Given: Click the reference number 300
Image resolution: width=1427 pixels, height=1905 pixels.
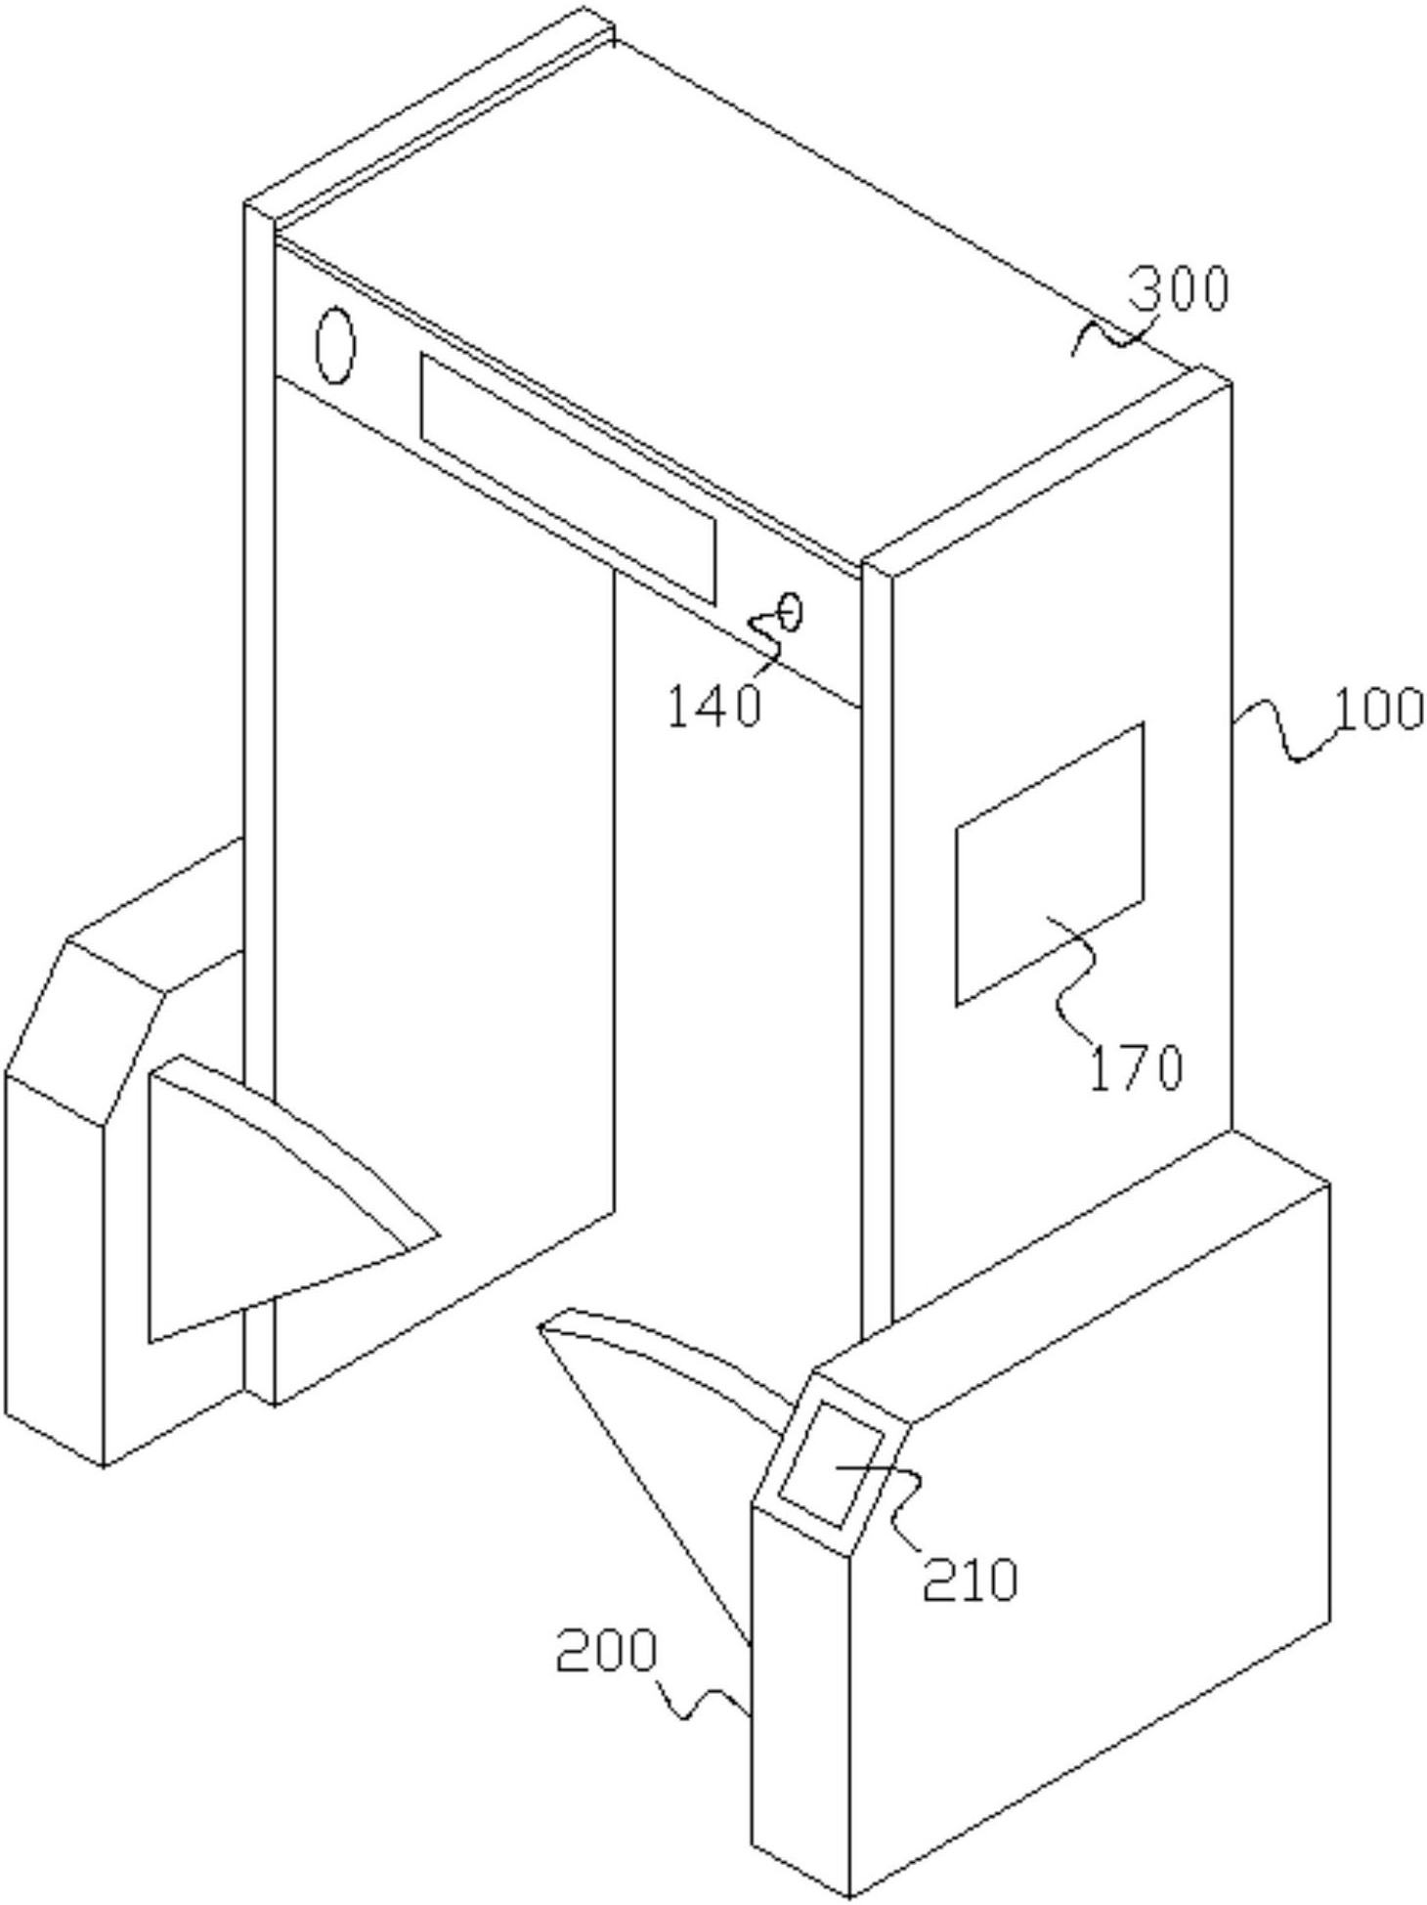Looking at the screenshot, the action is click(1178, 290).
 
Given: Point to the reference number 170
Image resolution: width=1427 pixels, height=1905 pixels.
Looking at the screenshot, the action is click(1136, 1067).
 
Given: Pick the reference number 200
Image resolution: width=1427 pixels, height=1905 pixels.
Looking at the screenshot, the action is click(606, 1653).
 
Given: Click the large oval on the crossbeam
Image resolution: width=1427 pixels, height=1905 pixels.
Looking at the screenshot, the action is click(334, 346).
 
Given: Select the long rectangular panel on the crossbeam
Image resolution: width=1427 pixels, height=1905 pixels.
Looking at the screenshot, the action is click(568, 478).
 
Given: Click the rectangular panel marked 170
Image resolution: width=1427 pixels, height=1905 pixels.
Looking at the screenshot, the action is click(1049, 864).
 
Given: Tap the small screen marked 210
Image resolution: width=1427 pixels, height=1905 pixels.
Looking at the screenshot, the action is click(836, 1463).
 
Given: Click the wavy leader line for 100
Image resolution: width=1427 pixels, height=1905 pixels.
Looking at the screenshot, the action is click(1284, 734).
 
